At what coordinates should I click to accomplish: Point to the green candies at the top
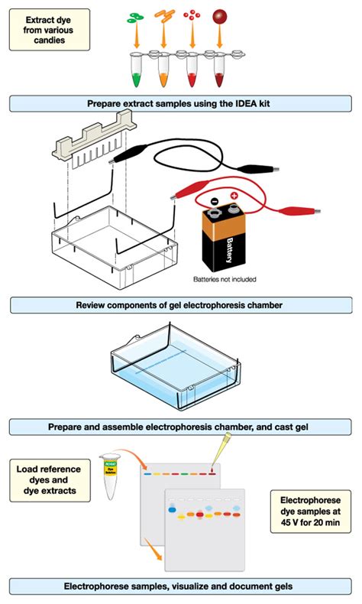click(x=137, y=14)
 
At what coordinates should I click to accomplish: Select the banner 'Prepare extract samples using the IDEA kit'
click(x=180, y=103)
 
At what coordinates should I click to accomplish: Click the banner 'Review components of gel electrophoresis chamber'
click(x=180, y=306)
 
